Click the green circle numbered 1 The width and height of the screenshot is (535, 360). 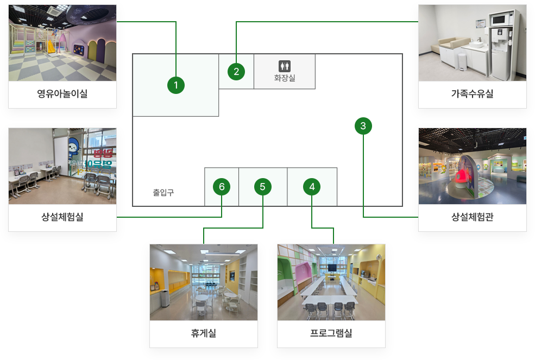176,85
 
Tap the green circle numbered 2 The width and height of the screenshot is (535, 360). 236,71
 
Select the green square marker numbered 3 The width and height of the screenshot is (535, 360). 363,126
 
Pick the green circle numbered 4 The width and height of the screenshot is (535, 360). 312,187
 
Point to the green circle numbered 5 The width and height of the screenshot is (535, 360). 262,187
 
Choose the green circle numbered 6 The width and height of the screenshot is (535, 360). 222,187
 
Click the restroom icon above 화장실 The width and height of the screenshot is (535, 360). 285,66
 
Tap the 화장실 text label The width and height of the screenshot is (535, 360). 285,78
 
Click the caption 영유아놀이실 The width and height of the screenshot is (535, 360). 62,94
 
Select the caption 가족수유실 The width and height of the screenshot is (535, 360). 472,94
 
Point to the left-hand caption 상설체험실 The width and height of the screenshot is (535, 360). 62,217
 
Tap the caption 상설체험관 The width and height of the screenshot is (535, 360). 472,217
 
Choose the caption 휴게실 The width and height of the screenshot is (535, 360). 203,333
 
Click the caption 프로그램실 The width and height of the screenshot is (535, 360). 331,333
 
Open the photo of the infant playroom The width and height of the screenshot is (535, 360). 62,42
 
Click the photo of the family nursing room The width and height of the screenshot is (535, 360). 472,42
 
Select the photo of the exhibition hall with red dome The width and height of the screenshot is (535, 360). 472,166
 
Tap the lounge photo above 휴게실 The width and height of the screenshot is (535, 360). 203,282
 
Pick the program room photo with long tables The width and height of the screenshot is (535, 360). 331,282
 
